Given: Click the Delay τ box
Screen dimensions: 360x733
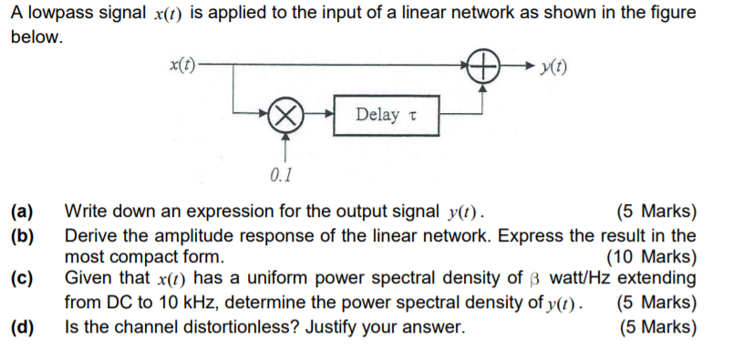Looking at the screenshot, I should tap(387, 114).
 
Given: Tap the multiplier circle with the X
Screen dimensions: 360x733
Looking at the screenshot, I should tap(287, 114).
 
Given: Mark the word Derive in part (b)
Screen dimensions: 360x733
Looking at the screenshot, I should tap(88, 236).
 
